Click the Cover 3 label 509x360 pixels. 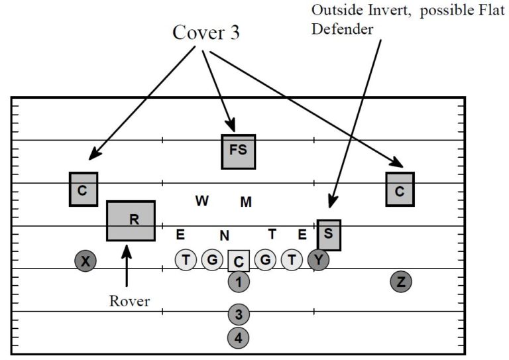tap(206, 34)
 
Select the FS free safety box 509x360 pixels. tap(238, 150)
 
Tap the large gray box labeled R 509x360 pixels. tap(131, 220)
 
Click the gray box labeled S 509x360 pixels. tap(329, 235)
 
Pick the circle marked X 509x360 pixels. tap(85, 261)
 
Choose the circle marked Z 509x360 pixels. tap(401, 282)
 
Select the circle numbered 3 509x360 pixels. tap(238, 314)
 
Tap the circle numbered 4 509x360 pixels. tap(238, 337)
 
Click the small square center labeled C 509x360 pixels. tap(238, 261)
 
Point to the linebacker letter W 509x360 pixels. tap(202, 201)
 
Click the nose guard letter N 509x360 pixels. tap(225, 235)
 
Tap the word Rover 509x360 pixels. tap(129, 301)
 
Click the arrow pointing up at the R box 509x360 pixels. tap(127, 265)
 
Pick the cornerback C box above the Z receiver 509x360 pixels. tap(400, 189)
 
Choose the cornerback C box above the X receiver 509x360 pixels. tap(83, 189)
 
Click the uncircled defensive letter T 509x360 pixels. tap(272, 233)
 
